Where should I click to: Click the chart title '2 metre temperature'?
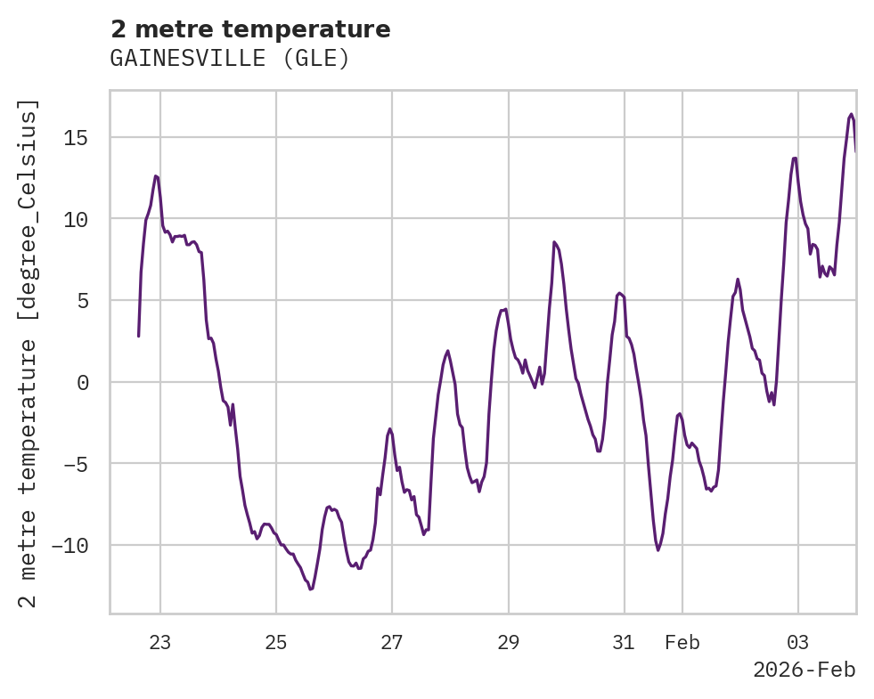[x=250, y=29]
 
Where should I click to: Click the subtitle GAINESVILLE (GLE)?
[x=229, y=59]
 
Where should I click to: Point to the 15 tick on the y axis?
[x=76, y=137]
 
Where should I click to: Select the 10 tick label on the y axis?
[x=76, y=219]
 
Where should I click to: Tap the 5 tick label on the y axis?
[x=82, y=301]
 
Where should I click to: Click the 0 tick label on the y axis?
[x=82, y=382]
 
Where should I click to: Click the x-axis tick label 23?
[x=159, y=642]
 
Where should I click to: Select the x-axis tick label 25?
[x=276, y=642]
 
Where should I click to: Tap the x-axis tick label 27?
[x=392, y=642]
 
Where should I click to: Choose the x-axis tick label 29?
[x=508, y=642]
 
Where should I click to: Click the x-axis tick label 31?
[x=624, y=642]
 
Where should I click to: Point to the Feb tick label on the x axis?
[x=682, y=642]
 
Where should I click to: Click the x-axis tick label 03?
[x=798, y=642]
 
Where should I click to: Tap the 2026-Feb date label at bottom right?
[x=804, y=671]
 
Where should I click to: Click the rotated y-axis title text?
[x=29, y=354]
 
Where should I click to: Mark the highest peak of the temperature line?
[x=851, y=114]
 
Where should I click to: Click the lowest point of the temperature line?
[x=311, y=589]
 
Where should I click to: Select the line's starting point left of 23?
[x=138, y=336]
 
